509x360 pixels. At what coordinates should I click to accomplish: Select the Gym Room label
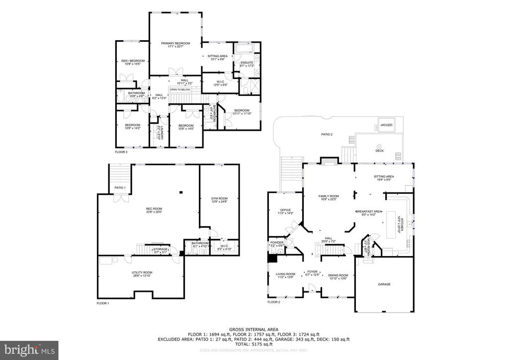[x=219, y=199]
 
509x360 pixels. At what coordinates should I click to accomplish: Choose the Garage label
[x=384, y=284]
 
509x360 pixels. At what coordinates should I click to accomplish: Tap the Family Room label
[x=328, y=197]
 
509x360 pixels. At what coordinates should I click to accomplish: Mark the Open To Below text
[x=180, y=90]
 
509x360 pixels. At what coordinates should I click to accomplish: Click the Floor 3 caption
[x=121, y=152]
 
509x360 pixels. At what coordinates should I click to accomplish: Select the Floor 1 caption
[x=103, y=303]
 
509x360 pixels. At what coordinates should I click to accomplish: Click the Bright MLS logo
[x=29, y=350]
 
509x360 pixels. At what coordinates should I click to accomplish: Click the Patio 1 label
[x=119, y=187]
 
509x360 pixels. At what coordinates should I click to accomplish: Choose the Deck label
[x=379, y=150]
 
